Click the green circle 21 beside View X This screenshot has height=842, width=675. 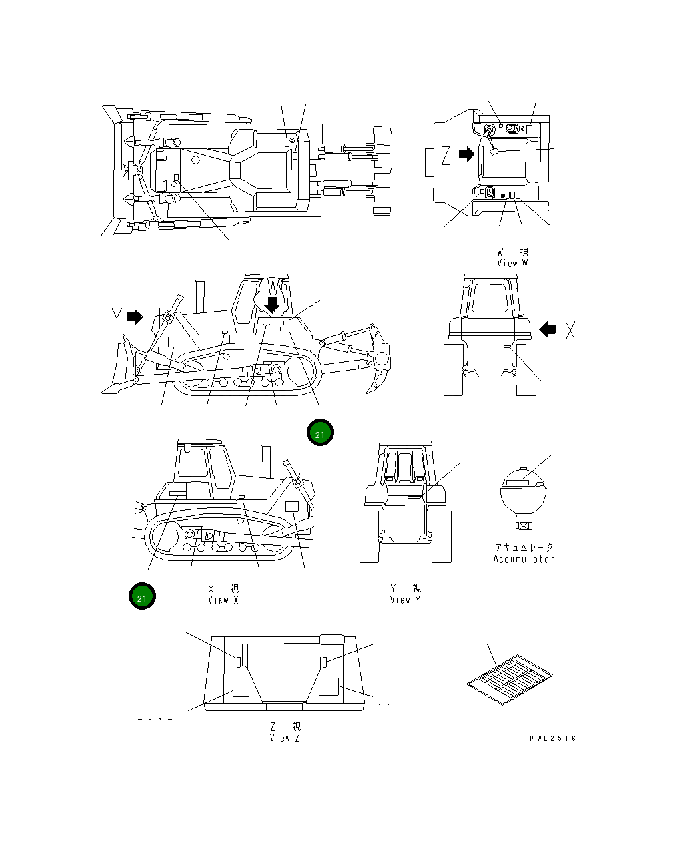pos(142,596)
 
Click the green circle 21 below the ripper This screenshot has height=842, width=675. pos(320,433)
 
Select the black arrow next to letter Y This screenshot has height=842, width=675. pos(135,317)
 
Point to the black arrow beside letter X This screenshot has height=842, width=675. pos(548,329)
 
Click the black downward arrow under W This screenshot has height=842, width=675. pos(272,304)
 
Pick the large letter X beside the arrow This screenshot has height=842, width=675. pos(570,329)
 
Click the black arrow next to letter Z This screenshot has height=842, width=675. pos(466,155)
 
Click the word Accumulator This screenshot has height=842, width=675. pos(524,559)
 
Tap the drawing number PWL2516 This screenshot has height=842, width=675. pos(553,739)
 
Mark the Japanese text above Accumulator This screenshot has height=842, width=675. pos(524,547)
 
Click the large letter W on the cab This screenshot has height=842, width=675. pos(276,288)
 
